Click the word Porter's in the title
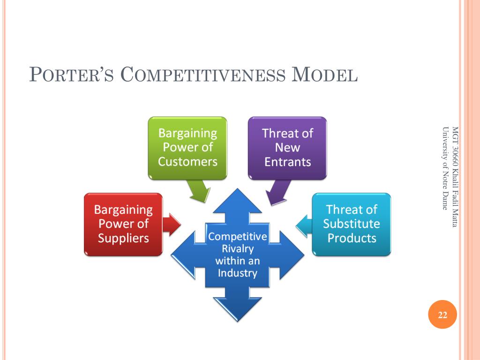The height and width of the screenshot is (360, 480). click(x=70, y=75)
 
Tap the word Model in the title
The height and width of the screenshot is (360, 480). click(x=325, y=75)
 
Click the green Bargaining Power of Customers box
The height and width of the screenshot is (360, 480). click(x=187, y=148)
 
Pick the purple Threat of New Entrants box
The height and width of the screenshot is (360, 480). click(x=287, y=148)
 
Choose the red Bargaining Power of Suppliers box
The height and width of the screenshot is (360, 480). click(x=123, y=224)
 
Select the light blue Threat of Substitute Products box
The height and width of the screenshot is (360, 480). click(x=352, y=224)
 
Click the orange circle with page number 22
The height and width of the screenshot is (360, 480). click(x=442, y=315)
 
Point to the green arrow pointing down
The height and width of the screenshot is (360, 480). click(x=199, y=191)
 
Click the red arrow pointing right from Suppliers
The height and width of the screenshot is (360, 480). click(x=172, y=224)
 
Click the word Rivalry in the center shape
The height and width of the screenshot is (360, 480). click(x=237, y=248)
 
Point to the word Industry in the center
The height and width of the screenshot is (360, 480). click(x=237, y=273)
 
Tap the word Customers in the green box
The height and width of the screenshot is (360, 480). click(x=187, y=162)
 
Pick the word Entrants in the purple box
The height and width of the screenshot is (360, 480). click(x=287, y=162)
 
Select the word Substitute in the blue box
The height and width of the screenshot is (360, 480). click(x=352, y=224)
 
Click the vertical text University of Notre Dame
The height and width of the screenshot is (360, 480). click(x=444, y=169)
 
